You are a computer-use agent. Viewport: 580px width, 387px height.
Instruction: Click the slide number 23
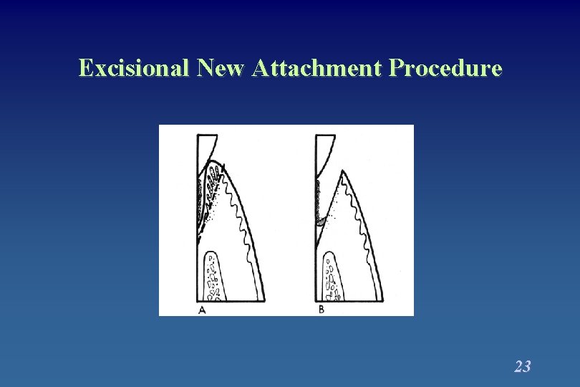(522, 367)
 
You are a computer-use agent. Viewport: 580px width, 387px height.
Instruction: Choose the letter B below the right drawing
(321, 310)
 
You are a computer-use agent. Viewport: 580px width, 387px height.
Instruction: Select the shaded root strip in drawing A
(199, 197)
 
